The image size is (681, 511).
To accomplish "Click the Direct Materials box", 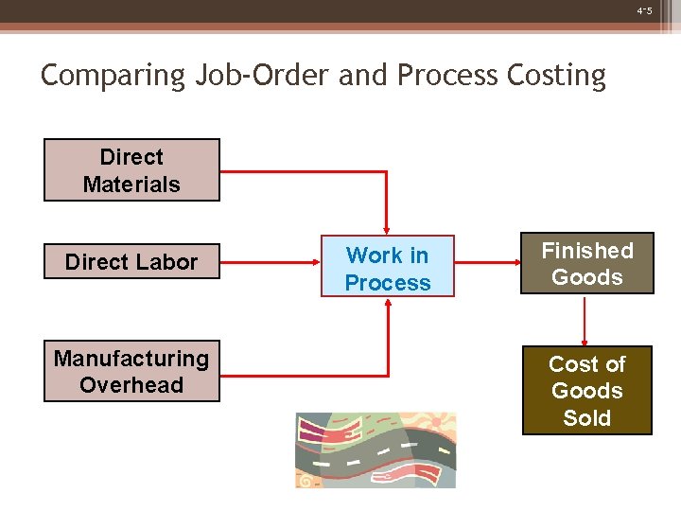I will pos(131,170).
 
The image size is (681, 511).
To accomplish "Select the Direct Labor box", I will pos(131,261).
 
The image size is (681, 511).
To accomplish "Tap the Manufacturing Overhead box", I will pos(131,371).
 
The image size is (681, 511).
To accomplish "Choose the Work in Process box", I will pos(387,267).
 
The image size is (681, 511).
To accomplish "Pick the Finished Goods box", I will pos(586,263).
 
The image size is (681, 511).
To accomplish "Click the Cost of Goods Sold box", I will pos(586,390).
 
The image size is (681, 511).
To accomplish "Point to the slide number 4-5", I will pos(644,11).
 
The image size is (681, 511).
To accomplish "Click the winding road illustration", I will pos(375,449).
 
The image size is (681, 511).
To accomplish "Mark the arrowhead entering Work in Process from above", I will pos(387,228).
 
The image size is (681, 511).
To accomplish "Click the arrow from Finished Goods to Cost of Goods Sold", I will pos(586,320).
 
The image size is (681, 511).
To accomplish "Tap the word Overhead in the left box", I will pos(131,385).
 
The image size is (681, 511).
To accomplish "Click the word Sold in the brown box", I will pos(586,418).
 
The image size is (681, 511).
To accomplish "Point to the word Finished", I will pos(586,251).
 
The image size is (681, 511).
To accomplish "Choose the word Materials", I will pos(131,185).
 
